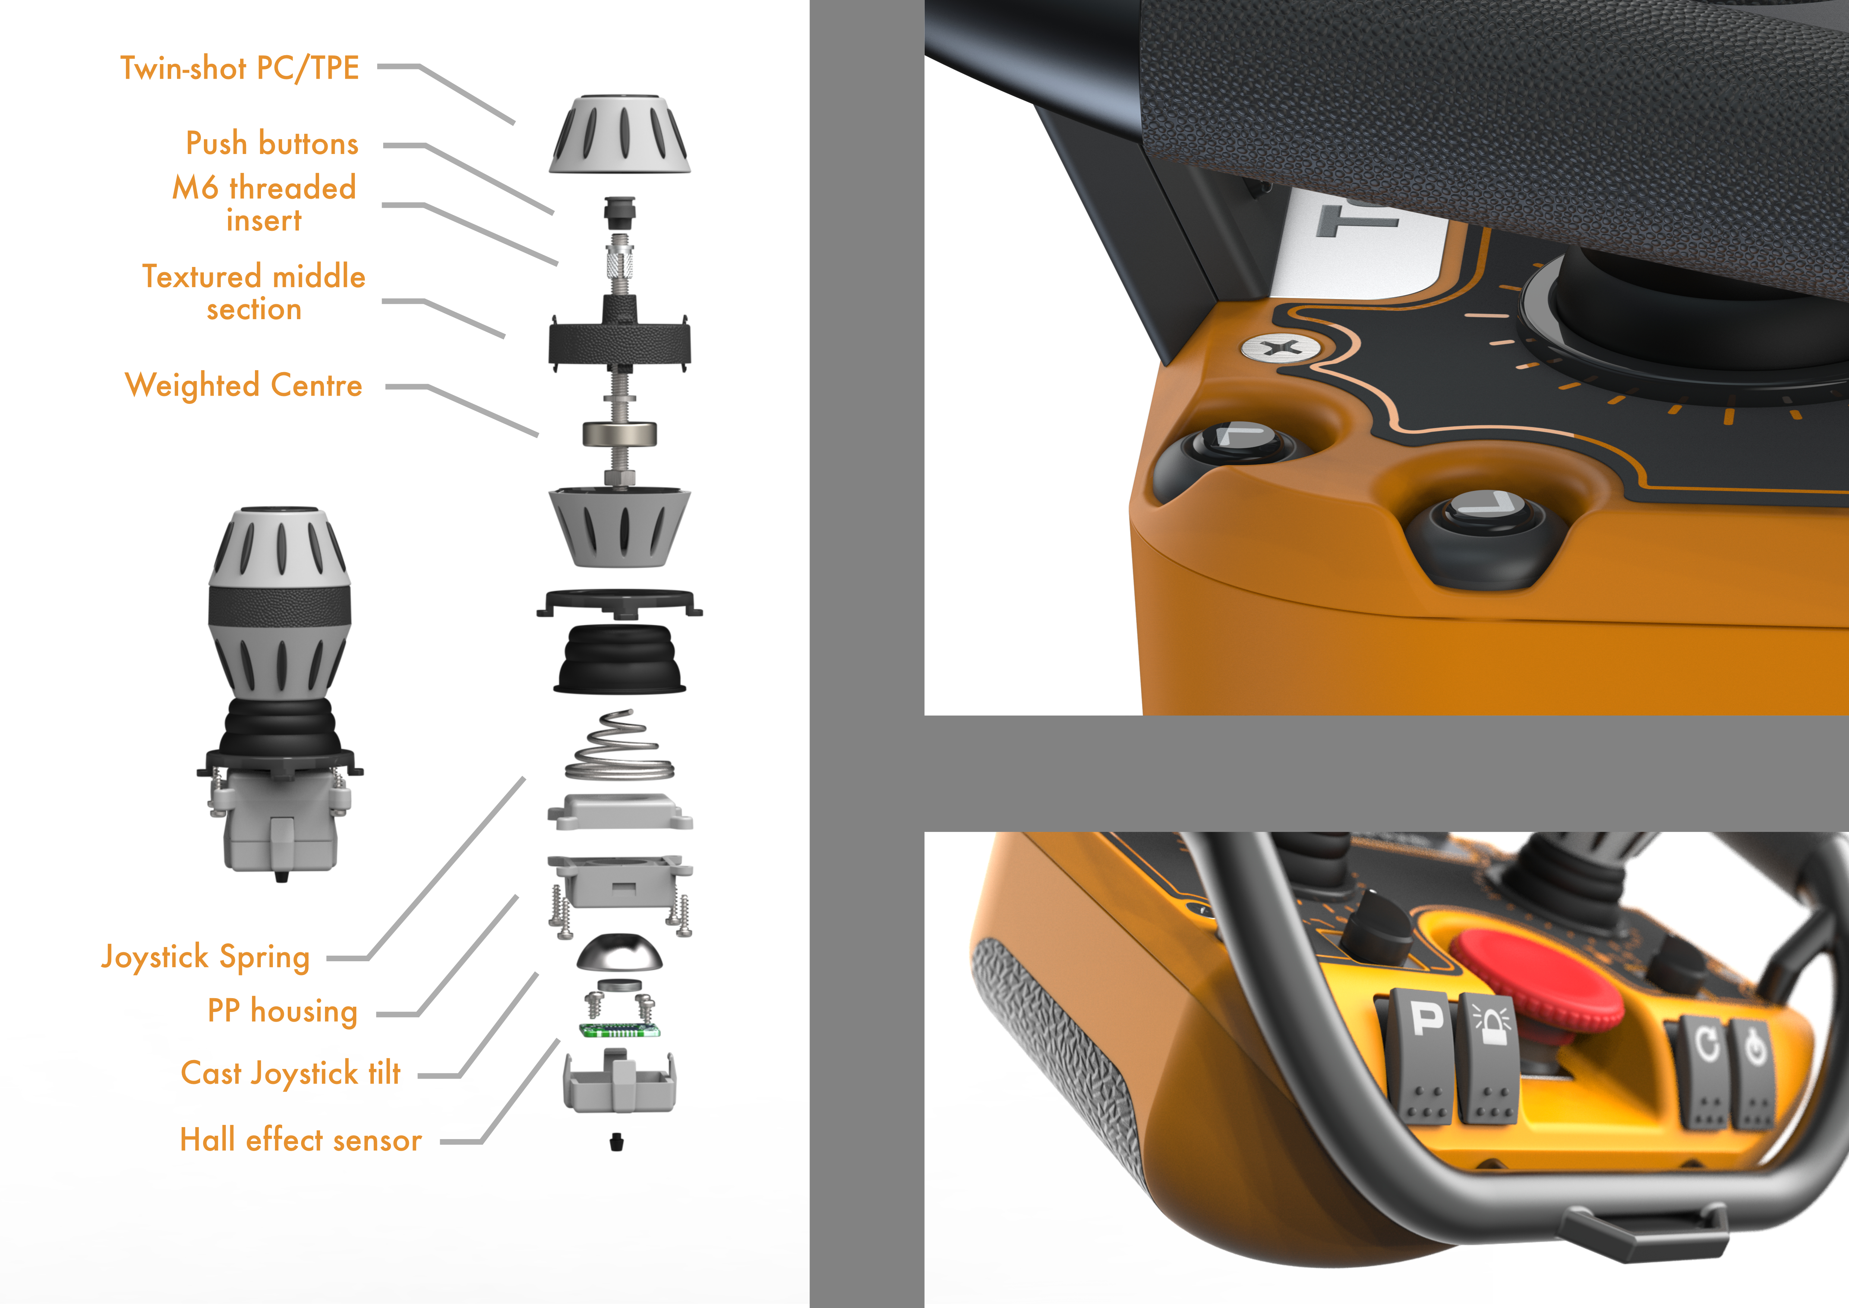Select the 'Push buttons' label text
272,143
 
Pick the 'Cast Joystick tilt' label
291,1073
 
